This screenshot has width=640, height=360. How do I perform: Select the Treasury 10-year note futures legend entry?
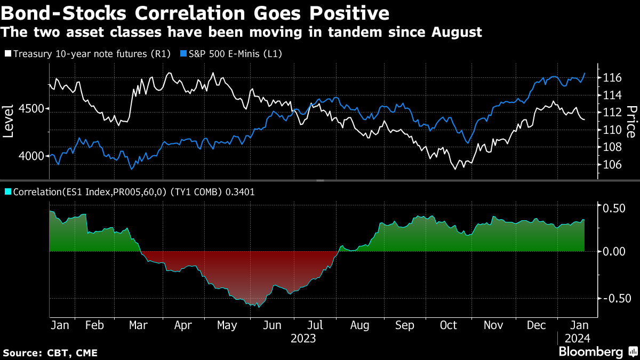(88, 54)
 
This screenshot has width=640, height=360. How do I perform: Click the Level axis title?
(9, 122)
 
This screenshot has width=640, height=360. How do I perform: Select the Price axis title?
(631, 122)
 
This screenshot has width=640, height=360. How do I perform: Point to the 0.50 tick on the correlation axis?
(614, 207)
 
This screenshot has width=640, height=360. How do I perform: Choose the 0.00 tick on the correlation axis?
(614, 251)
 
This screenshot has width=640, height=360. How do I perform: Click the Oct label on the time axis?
(449, 325)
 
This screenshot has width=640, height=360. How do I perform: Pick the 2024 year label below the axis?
(577, 338)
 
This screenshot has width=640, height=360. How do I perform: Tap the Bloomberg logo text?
(590, 352)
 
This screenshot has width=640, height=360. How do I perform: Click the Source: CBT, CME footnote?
(50, 353)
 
